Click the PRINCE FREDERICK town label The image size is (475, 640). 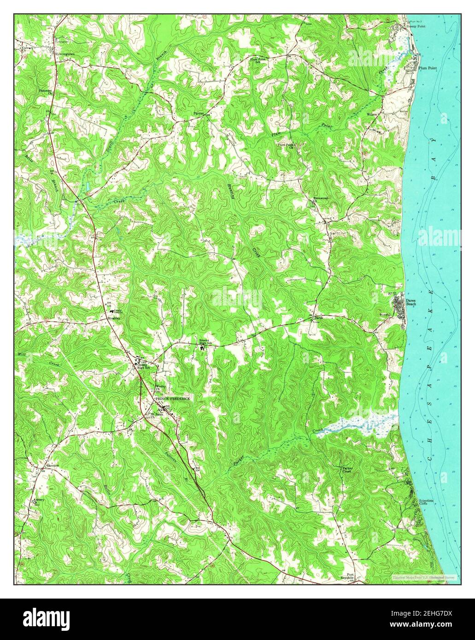click(x=172, y=398)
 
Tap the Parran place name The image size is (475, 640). click(x=198, y=113)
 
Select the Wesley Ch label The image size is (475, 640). click(x=160, y=387)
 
